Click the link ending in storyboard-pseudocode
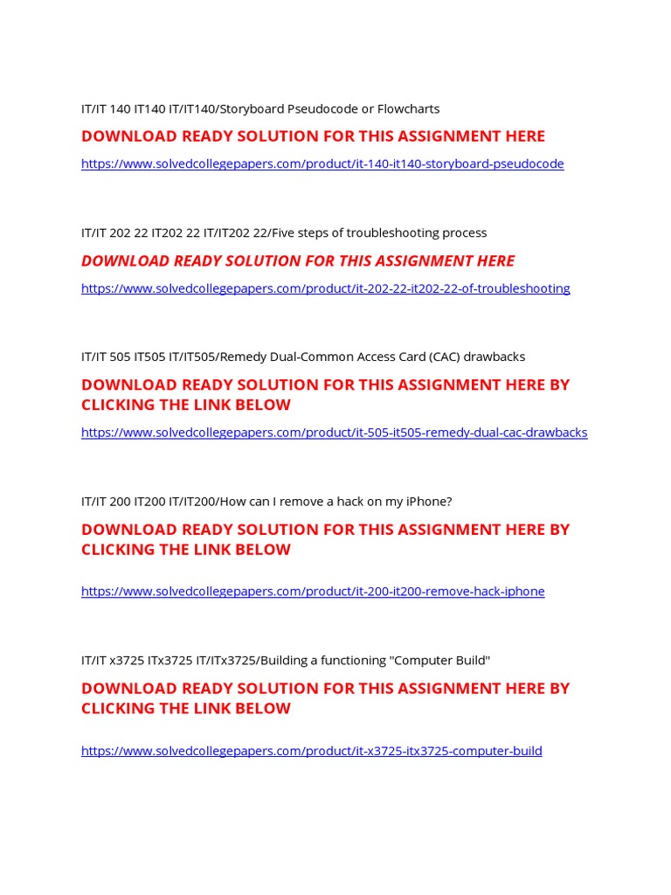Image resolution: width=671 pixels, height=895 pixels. tap(322, 163)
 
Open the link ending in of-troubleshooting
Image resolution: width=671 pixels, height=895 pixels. tap(325, 288)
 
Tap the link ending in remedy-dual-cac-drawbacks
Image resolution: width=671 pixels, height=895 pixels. tap(334, 433)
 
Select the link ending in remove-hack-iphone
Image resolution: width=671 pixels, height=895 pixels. tap(313, 592)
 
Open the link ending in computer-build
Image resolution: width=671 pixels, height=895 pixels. tap(311, 751)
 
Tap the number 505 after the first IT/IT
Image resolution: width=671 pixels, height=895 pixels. tap(120, 357)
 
